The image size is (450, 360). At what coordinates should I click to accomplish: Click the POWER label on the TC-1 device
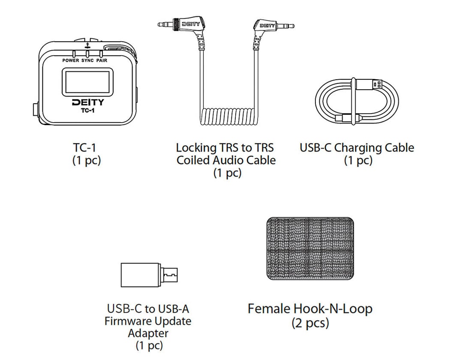(x=71, y=60)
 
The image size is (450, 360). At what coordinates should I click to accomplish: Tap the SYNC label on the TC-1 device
(x=87, y=60)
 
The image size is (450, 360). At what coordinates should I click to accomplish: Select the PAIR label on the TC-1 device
(x=102, y=60)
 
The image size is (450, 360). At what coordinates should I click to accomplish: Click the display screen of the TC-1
(x=87, y=82)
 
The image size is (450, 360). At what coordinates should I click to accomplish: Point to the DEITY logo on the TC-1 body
(x=88, y=102)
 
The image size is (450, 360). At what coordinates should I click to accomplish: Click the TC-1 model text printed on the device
(x=87, y=111)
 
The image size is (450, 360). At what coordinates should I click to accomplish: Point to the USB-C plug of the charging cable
(x=345, y=117)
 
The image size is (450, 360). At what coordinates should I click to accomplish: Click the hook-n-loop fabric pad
(x=310, y=249)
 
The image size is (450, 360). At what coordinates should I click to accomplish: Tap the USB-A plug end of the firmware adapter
(x=169, y=275)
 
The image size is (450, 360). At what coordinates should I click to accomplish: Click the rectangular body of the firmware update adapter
(x=141, y=275)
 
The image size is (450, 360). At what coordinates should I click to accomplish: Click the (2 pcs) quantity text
(x=310, y=323)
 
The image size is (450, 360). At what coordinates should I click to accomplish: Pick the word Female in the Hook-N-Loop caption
(x=269, y=309)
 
